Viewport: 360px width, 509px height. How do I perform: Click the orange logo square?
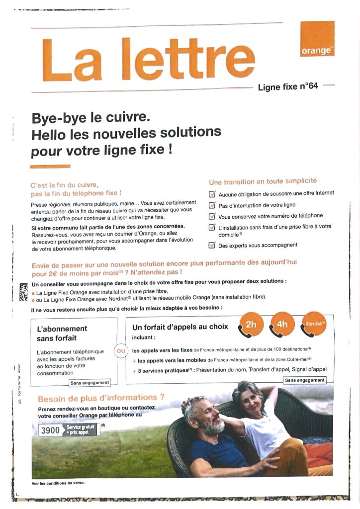tap(317, 39)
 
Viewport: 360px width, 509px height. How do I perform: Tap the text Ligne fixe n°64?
tap(288, 87)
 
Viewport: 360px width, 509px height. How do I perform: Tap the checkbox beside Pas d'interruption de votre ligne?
tap(212, 205)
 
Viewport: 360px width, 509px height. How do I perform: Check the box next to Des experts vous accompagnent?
tap(212, 245)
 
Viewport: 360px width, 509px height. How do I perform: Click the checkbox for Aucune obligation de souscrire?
tap(212, 194)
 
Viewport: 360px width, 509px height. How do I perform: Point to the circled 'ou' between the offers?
tap(121, 351)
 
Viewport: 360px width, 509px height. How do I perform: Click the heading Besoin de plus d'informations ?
tap(101, 398)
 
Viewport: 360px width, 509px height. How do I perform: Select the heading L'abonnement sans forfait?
tap(62, 334)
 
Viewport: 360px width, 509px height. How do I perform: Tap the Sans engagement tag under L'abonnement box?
tap(90, 383)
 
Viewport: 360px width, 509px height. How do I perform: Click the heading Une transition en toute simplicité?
tap(263, 181)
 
